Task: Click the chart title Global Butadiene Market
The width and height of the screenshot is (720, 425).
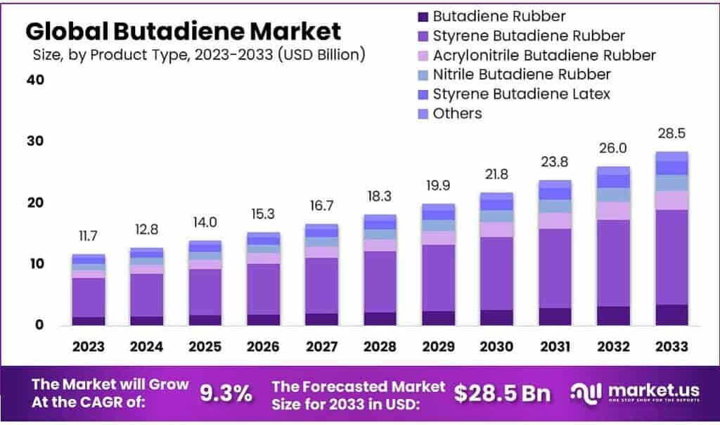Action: tap(183, 32)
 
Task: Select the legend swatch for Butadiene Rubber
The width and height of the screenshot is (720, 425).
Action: tap(422, 16)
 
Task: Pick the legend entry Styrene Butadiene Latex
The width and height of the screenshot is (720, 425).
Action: tap(521, 93)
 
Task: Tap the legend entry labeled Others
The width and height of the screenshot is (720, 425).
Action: tap(457, 113)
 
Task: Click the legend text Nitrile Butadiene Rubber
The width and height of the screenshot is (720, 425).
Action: tap(522, 74)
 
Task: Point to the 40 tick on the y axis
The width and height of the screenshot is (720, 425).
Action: tap(35, 80)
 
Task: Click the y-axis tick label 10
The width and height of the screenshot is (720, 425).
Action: tap(35, 264)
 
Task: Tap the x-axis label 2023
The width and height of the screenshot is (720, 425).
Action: tap(88, 347)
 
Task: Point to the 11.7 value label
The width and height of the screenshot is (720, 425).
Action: tap(88, 237)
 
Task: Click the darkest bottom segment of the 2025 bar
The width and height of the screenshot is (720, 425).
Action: tap(205, 320)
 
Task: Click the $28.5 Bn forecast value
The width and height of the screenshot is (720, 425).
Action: tap(502, 393)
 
